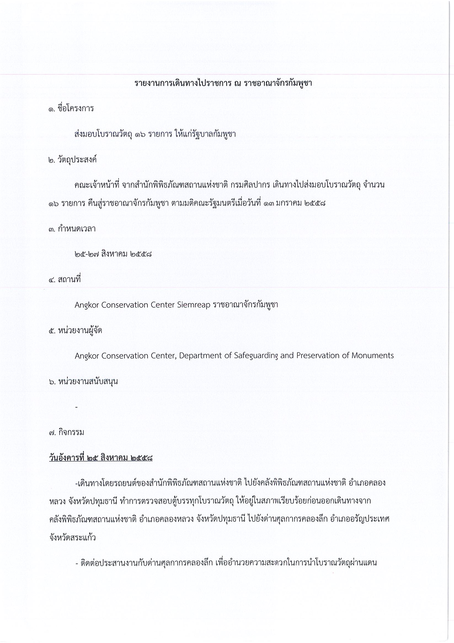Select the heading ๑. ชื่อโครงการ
coord(71,109)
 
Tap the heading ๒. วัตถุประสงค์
coord(73,160)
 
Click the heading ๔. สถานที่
coord(65,279)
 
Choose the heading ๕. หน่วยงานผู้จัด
coord(75,330)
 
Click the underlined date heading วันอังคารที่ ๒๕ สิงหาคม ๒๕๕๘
coord(101,458)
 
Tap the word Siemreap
coord(194,305)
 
